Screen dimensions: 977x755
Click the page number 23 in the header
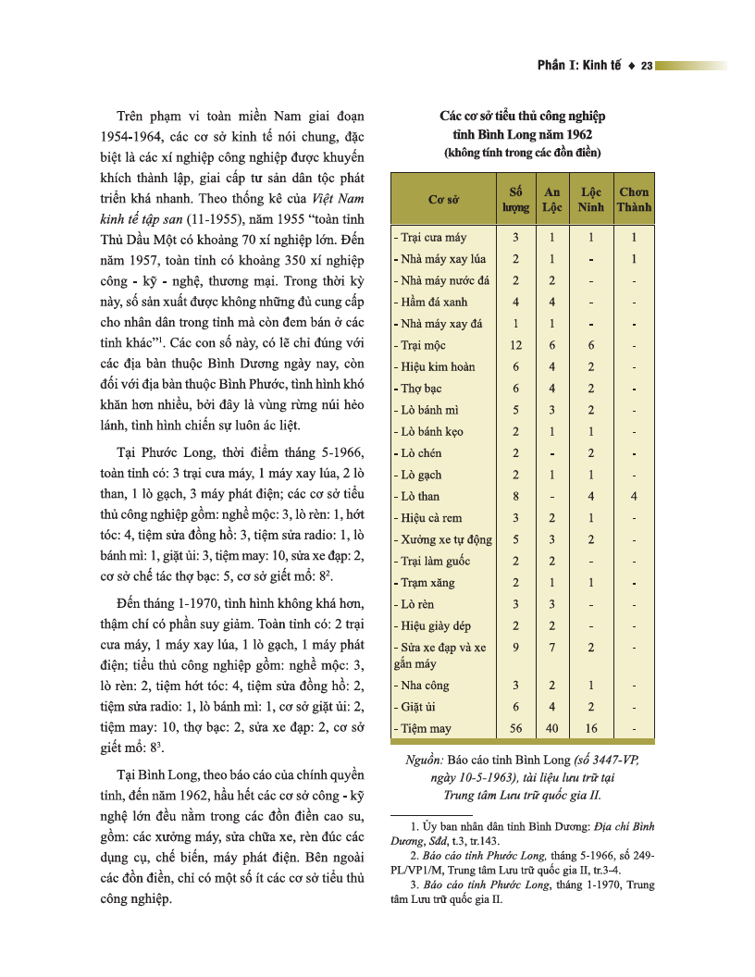pos(647,65)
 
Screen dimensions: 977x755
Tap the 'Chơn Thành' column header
pos(634,199)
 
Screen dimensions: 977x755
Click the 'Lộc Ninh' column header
pos(591,199)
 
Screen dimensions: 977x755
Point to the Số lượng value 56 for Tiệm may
pos(516,728)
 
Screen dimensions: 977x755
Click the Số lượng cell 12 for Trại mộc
pos(516,345)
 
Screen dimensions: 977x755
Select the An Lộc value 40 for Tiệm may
pos(552,728)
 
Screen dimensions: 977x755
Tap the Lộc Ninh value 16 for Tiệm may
pos(591,728)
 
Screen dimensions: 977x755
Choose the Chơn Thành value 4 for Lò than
pos(634,496)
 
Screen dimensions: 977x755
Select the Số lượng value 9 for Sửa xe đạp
pos(516,648)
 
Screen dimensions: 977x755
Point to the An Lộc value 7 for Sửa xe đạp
pos(552,648)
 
